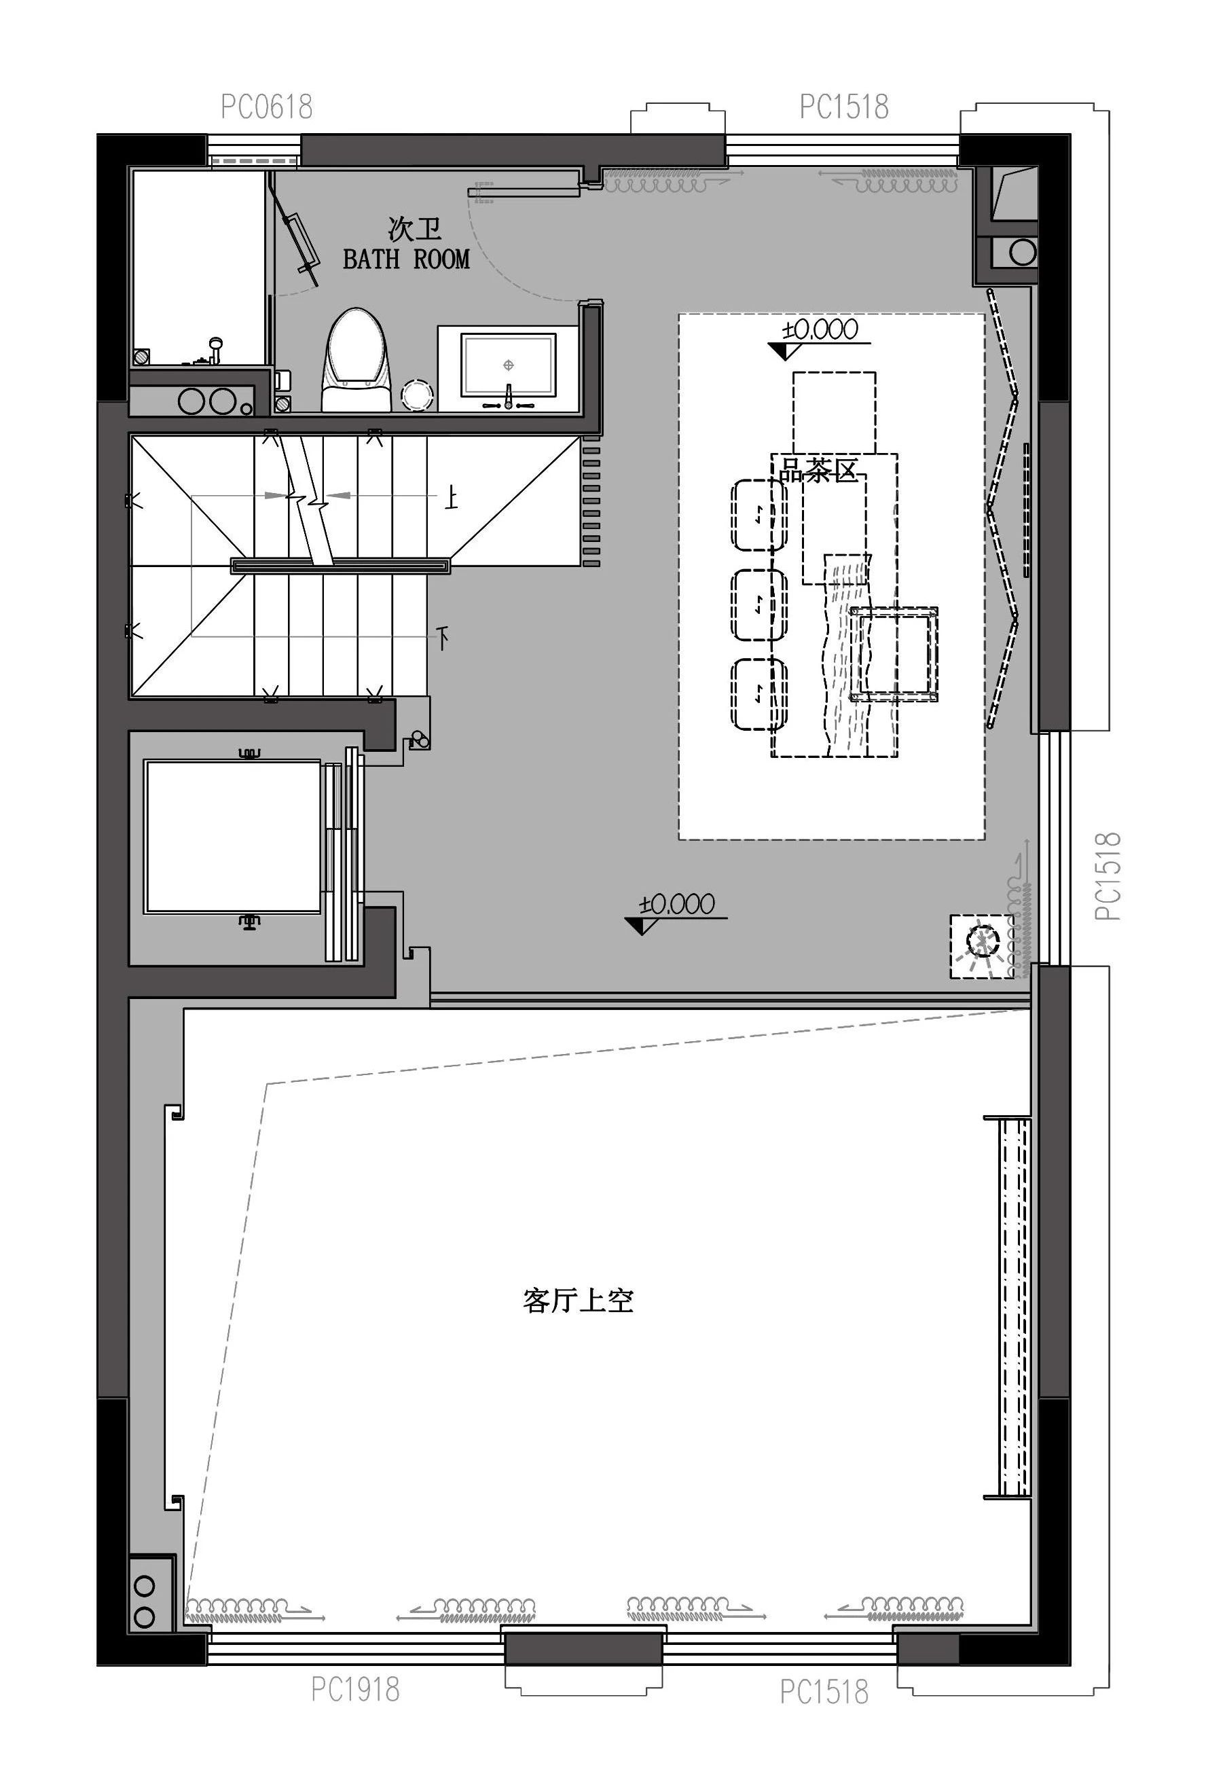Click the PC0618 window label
point(267,107)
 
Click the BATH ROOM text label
point(406,260)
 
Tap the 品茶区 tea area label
point(818,470)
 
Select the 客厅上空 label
point(579,1299)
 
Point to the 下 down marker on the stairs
point(443,636)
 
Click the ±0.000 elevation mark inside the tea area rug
point(820,330)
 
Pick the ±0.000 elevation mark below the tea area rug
point(677,905)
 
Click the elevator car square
point(232,836)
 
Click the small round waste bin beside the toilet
point(418,395)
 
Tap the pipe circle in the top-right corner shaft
point(1022,251)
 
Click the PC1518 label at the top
point(844,107)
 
